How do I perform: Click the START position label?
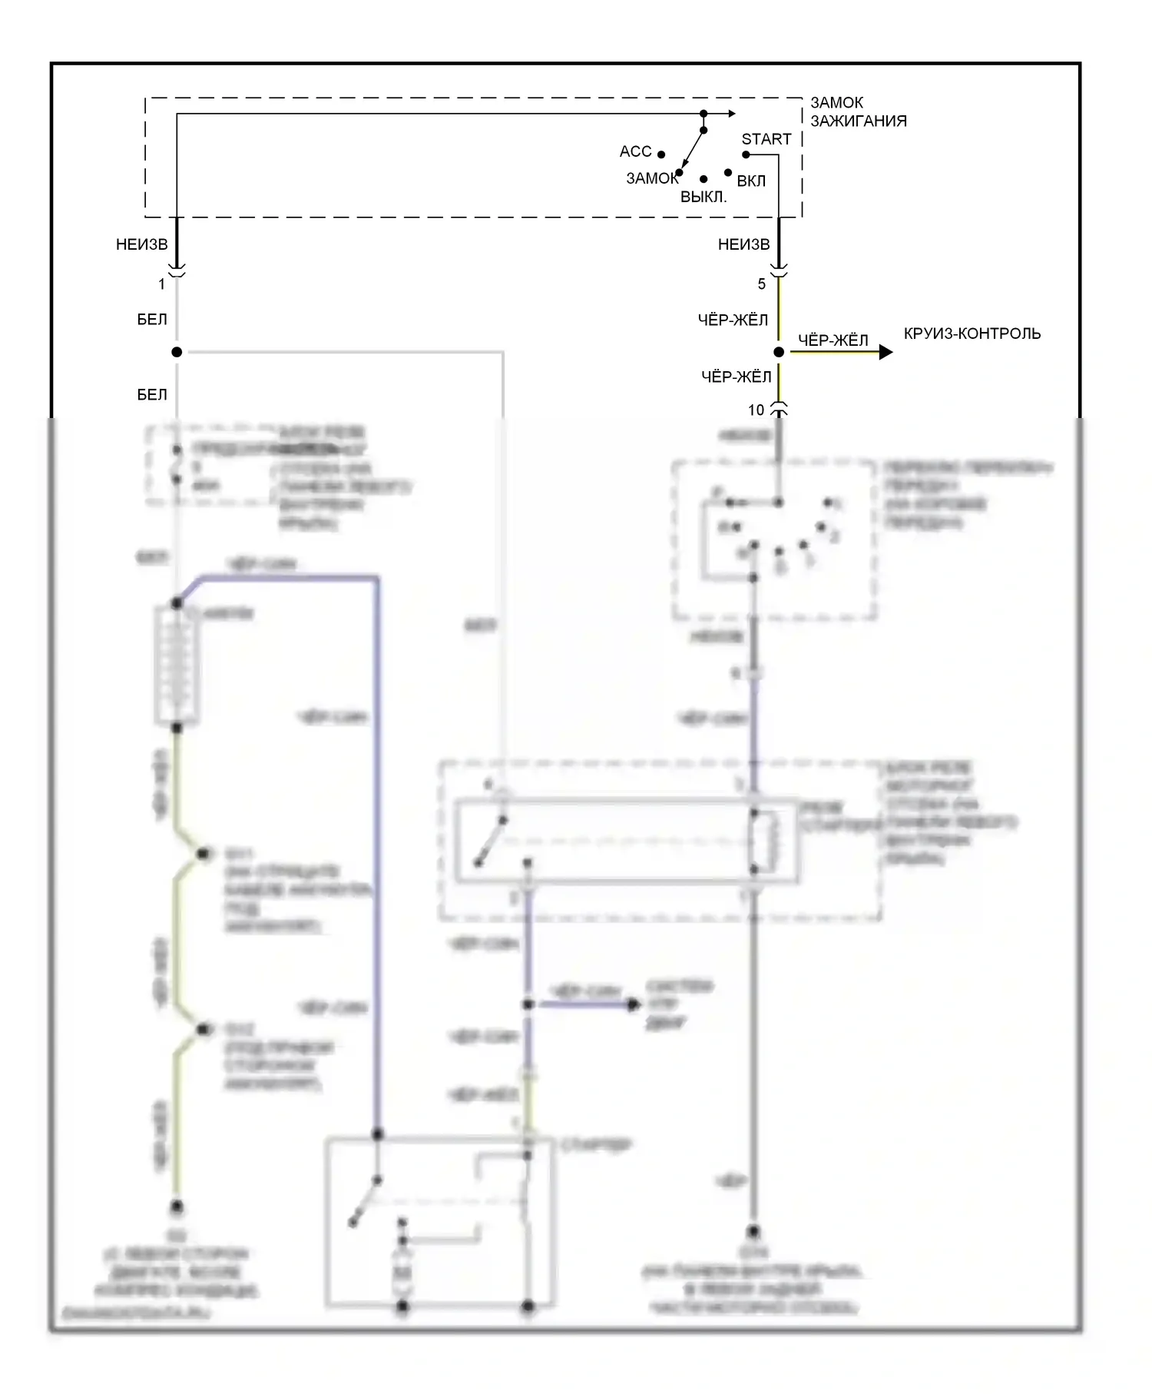(x=766, y=139)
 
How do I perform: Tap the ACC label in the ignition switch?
(x=635, y=151)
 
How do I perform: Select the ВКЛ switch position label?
(x=751, y=181)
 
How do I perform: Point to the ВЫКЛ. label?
(x=703, y=197)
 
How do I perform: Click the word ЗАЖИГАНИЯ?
(x=859, y=121)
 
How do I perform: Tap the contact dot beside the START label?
(x=746, y=154)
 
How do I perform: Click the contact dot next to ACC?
(x=661, y=154)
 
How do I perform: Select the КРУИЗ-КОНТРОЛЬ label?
(x=972, y=334)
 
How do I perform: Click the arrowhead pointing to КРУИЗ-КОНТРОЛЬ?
(x=886, y=352)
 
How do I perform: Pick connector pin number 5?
(x=762, y=284)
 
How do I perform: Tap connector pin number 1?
(x=162, y=284)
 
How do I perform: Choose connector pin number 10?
(x=756, y=410)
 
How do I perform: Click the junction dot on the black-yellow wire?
(x=779, y=352)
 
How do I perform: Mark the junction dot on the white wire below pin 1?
(x=177, y=352)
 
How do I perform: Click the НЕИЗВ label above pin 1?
(x=141, y=244)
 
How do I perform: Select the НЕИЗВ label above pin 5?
(x=743, y=244)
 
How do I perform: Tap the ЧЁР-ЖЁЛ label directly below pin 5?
(x=733, y=320)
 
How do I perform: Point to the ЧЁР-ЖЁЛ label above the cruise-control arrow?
(x=833, y=340)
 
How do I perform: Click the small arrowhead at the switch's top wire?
(x=731, y=114)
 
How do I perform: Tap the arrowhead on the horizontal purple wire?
(x=634, y=1004)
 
